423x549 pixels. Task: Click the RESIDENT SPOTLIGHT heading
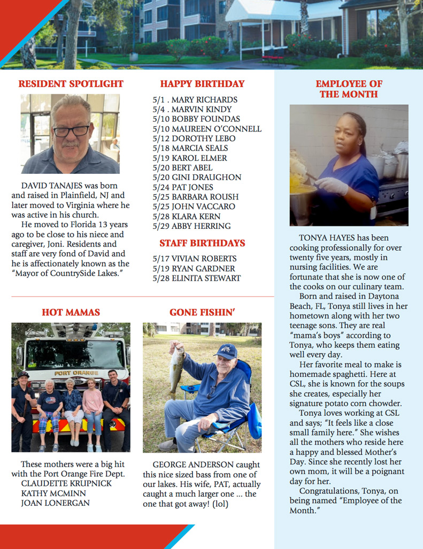pos(71,84)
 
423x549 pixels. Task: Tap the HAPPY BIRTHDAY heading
pos(202,84)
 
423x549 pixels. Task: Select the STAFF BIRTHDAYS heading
pos(202,243)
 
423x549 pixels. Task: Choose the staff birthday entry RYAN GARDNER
pos(194,268)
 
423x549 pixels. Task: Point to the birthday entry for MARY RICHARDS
pos(195,100)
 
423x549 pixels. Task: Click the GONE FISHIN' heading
pos(202,312)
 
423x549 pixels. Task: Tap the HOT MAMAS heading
pos(71,312)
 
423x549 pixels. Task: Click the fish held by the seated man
pos(176,369)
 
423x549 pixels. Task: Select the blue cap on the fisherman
pos(227,351)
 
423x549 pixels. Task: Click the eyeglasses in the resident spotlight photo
pos(71,130)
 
